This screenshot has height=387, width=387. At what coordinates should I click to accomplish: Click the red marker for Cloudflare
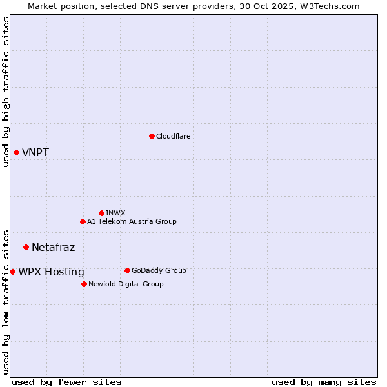point(152,136)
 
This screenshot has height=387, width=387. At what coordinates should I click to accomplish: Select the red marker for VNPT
point(16,152)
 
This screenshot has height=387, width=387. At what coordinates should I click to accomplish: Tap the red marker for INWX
point(101,213)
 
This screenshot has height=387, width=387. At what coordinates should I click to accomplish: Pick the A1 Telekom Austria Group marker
point(83,221)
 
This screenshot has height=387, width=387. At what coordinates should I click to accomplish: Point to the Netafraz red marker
point(26,247)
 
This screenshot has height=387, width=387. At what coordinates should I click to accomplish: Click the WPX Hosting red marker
point(12,272)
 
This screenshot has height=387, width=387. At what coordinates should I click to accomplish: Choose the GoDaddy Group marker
point(127,270)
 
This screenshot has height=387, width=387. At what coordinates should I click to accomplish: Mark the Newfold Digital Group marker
point(84,284)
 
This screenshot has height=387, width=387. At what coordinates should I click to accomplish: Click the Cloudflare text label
point(173,136)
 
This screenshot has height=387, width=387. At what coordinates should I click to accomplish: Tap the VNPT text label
point(35,153)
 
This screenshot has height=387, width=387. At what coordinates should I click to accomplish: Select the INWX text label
point(115,213)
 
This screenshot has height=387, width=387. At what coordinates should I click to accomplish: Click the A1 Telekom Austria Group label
point(132,221)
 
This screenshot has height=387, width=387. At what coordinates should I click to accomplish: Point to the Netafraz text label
point(53,247)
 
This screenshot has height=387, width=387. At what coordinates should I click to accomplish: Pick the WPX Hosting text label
point(51,272)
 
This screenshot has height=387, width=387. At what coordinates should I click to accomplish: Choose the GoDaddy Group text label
point(159,270)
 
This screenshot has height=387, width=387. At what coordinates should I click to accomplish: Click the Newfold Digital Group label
point(126,284)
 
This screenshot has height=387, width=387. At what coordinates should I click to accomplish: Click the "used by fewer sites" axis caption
point(66,382)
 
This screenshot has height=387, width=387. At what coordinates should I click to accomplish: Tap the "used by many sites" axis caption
point(324,382)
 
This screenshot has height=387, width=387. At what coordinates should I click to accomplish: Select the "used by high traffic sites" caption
point(6,92)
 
